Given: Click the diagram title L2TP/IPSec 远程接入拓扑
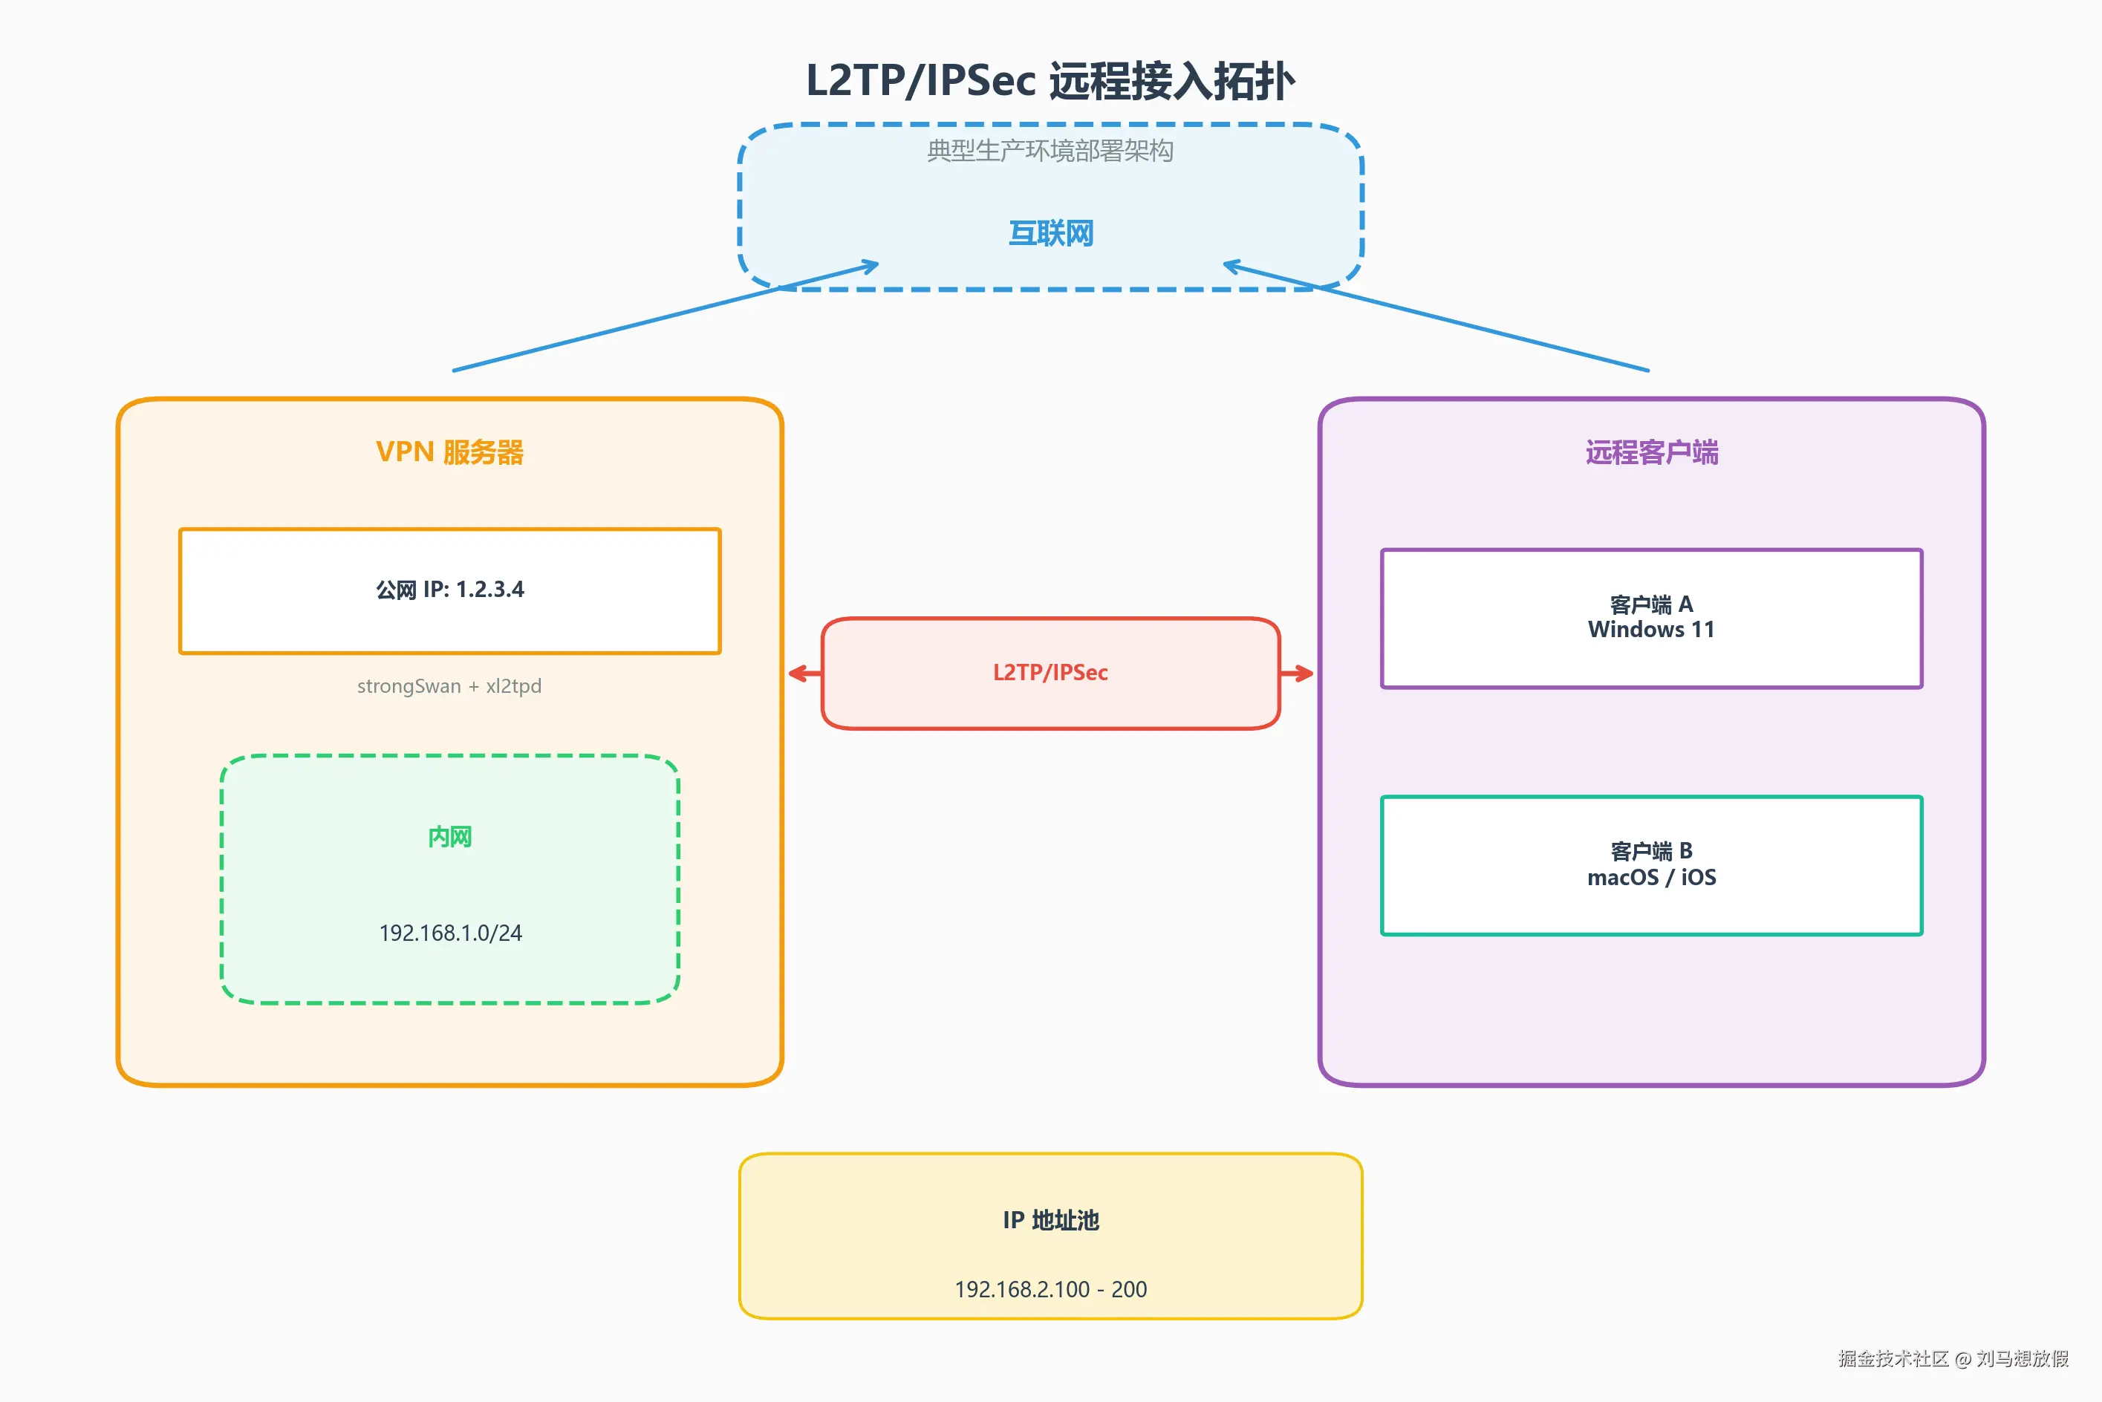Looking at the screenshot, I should point(1050,80).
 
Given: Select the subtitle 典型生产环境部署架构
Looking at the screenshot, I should point(1050,150).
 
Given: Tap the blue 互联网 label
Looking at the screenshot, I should point(1050,233).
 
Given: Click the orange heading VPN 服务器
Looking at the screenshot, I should point(449,451).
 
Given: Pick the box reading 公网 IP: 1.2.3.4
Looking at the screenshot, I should point(449,590).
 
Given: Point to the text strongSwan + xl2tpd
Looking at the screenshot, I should point(449,686).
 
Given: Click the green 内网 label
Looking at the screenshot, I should point(449,837).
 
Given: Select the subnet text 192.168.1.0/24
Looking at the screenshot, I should point(449,933).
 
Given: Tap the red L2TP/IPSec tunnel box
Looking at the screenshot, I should point(1050,672).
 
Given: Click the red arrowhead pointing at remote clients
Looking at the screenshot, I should point(1305,674).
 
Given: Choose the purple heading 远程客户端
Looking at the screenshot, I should point(1651,451).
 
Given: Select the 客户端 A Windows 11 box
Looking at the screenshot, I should point(1651,618).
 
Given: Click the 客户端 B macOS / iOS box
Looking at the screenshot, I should point(1651,864).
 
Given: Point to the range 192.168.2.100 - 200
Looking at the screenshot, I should point(1050,1288).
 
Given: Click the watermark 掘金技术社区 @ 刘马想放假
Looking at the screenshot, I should point(1953,1358).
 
